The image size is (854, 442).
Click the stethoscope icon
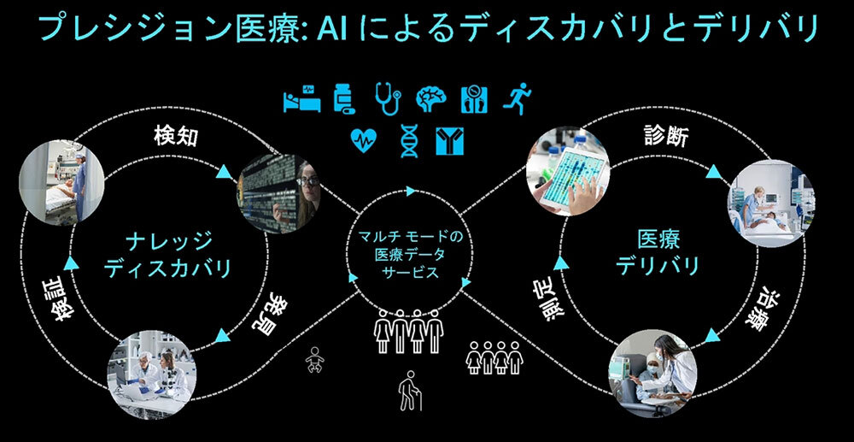(x=387, y=100)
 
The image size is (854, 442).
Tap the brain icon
(x=430, y=100)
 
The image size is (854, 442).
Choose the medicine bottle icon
(x=344, y=100)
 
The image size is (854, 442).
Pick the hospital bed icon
(x=301, y=100)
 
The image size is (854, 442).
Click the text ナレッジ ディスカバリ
(x=167, y=254)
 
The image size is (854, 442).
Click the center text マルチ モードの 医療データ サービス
(x=410, y=254)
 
